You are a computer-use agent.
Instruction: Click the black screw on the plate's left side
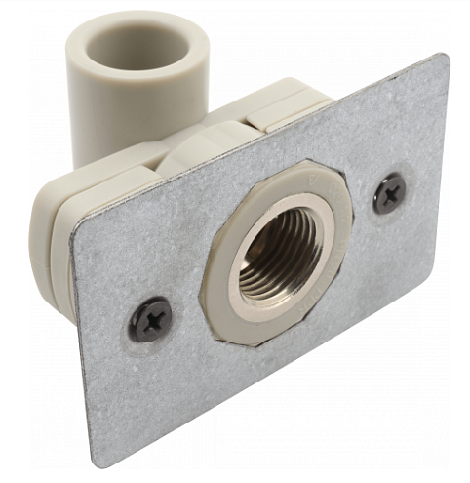152,319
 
